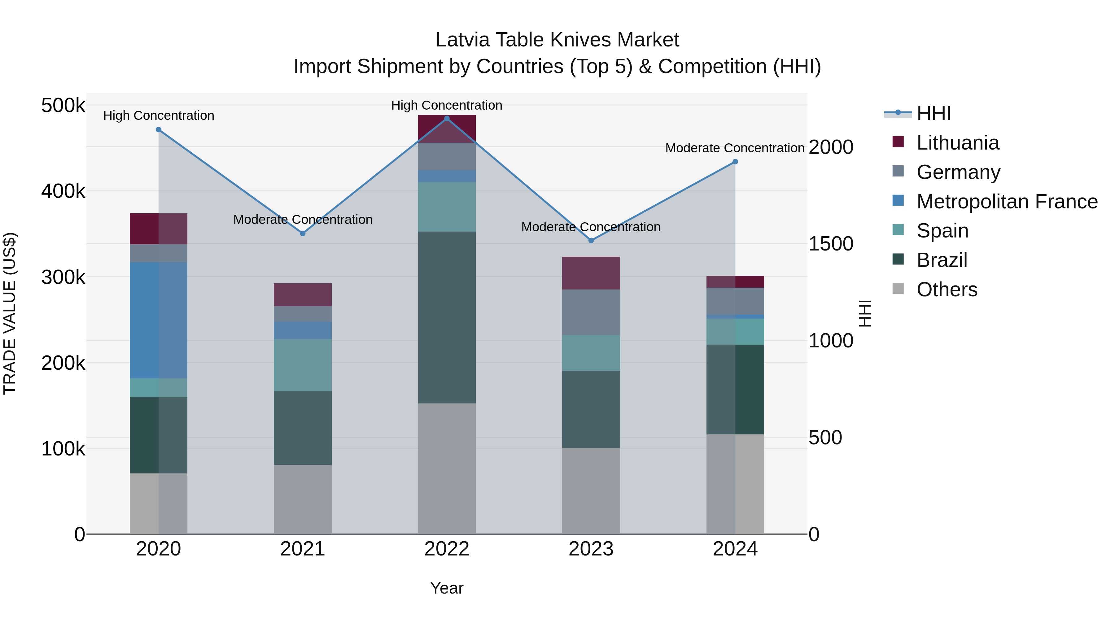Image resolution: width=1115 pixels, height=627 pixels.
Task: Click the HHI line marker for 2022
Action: (x=447, y=118)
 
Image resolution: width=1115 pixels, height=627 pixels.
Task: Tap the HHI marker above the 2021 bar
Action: (x=303, y=233)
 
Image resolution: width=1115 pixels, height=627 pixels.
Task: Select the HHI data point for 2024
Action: (x=735, y=162)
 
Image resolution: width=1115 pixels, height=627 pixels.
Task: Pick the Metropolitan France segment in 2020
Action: (x=158, y=320)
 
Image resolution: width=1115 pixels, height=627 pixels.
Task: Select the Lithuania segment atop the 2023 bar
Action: (x=591, y=273)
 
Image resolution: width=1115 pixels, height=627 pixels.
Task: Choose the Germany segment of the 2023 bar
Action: (x=591, y=312)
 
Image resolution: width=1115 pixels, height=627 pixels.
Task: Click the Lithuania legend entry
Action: (x=957, y=143)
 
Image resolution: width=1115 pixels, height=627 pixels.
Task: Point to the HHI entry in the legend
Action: (x=934, y=113)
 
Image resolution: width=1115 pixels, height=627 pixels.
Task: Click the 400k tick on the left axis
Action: (x=63, y=191)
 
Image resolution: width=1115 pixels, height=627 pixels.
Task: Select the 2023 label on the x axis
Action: (x=591, y=549)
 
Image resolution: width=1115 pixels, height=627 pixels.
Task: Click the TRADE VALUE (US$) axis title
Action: (x=10, y=313)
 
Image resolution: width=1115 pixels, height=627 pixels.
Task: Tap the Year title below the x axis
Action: (x=447, y=588)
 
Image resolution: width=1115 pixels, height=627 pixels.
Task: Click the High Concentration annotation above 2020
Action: (x=158, y=115)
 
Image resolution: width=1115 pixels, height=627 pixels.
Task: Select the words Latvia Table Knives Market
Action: (x=557, y=40)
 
